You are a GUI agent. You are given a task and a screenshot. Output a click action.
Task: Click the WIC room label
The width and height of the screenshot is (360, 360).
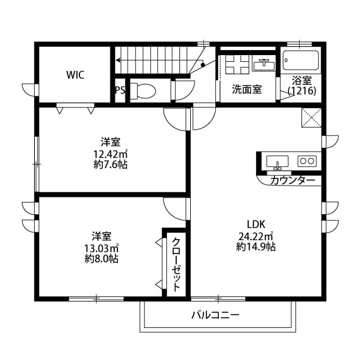[x=75, y=75]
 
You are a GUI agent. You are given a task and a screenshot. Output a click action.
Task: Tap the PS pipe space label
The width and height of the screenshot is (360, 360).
[x=120, y=90]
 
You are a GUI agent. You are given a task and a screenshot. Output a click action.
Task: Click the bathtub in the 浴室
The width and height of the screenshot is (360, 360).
[x=301, y=60]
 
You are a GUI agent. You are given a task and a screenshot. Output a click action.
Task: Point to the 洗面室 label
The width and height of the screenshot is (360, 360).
[x=247, y=89]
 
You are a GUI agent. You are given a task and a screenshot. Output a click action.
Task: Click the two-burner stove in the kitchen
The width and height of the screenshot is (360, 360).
[x=307, y=161]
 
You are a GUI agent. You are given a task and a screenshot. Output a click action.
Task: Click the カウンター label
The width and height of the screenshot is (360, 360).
[x=292, y=181]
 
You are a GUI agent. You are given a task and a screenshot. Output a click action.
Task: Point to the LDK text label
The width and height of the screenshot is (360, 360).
[x=256, y=224]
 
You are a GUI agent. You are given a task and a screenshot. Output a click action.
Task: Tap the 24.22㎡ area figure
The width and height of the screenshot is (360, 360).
[x=256, y=236]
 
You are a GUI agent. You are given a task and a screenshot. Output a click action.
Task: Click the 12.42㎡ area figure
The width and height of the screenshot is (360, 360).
[x=110, y=154]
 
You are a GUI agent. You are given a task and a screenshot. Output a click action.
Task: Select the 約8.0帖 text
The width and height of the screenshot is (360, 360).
[x=101, y=259]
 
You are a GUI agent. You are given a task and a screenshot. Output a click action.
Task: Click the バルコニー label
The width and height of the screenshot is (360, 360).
[x=215, y=315]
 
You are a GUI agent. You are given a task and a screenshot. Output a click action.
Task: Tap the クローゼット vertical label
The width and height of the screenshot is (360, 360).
[x=176, y=264]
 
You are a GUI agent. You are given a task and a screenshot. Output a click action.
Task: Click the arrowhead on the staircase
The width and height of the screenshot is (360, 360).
[x=118, y=60]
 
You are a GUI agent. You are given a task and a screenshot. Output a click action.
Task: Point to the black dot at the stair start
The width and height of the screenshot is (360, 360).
[x=202, y=65]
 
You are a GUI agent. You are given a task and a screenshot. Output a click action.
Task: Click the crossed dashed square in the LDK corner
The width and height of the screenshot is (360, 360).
[x=311, y=118]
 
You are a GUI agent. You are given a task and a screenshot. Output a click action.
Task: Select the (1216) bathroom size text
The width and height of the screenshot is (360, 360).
[x=302, y=91]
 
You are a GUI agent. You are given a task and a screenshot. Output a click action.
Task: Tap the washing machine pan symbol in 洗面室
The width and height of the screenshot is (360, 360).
[x=237, y=64]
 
